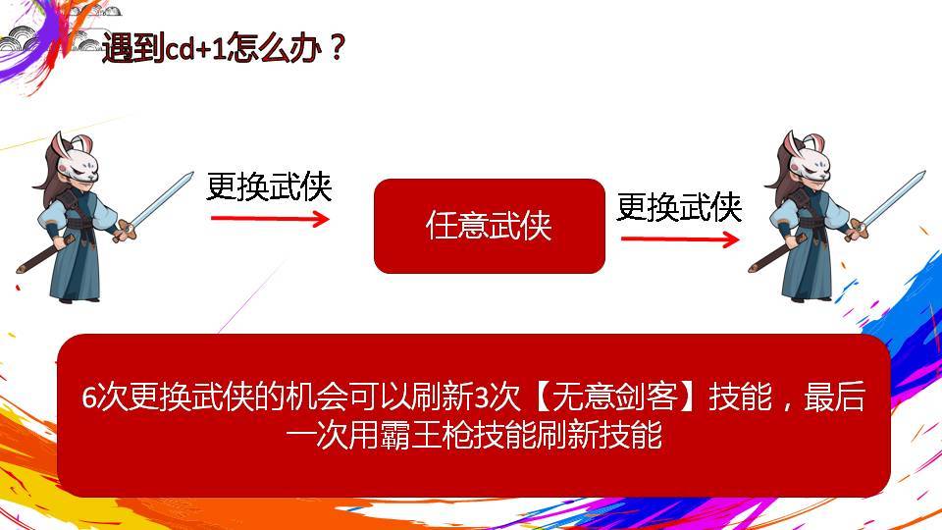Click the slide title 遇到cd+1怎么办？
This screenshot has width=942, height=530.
tap(224, 47)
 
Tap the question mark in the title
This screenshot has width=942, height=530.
tap(338, 47)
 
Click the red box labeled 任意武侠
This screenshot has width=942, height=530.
tap(489, 226)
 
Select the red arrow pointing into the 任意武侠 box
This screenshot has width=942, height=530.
tap(270, 218)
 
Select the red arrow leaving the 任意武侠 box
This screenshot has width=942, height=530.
tap(680, 239)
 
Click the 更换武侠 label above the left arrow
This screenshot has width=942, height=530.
tap(269, 186)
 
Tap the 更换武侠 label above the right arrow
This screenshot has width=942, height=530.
tap(679, 207)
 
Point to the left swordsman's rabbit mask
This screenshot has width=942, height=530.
tap(78, 160)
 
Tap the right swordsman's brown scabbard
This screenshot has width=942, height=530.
tap(774, 253)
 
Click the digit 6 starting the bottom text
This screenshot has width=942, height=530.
tap(89, 397)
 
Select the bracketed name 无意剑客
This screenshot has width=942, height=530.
tap(615, 397)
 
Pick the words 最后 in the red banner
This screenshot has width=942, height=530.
tap(834, 397)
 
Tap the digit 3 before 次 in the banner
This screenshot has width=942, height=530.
tap(481, 397)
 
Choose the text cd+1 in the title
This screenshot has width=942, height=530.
tap(194, 48)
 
